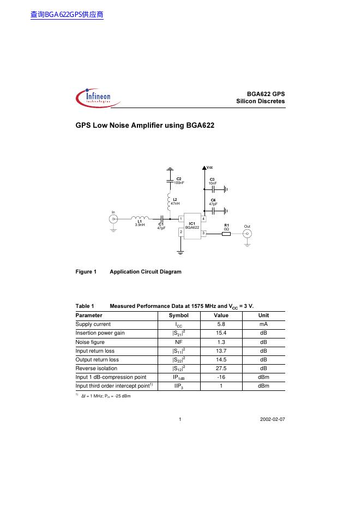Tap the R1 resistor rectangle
click(x=227, y=234)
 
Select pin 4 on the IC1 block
click(x=203, y=218)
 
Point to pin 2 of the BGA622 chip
click(x=180, y=232)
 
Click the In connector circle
click(x=113, y=219)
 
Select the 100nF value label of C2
click(x=179, y=183)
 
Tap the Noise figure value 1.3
click(x=222, y=342)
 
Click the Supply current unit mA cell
click(x=263, y=324)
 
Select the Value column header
click(x=221, y=316)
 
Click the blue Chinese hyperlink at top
click(x=67, y=15)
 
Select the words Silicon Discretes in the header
click(x=261, y=101)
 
